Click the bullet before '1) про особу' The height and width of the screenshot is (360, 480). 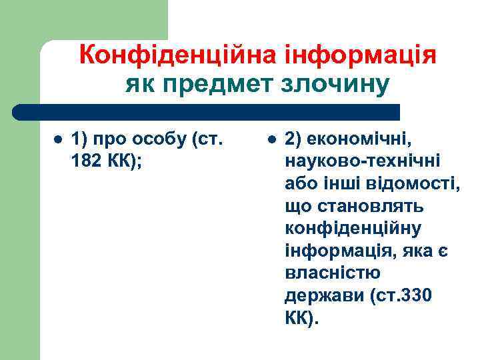coord(58,141)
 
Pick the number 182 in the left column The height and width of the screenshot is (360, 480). coord(86,162)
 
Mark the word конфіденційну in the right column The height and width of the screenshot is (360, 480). coord(353,229)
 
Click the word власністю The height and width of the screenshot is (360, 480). coord(332,273)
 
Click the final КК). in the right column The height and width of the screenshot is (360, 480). coord(302,317)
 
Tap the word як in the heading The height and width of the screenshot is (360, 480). coord(139,85)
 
